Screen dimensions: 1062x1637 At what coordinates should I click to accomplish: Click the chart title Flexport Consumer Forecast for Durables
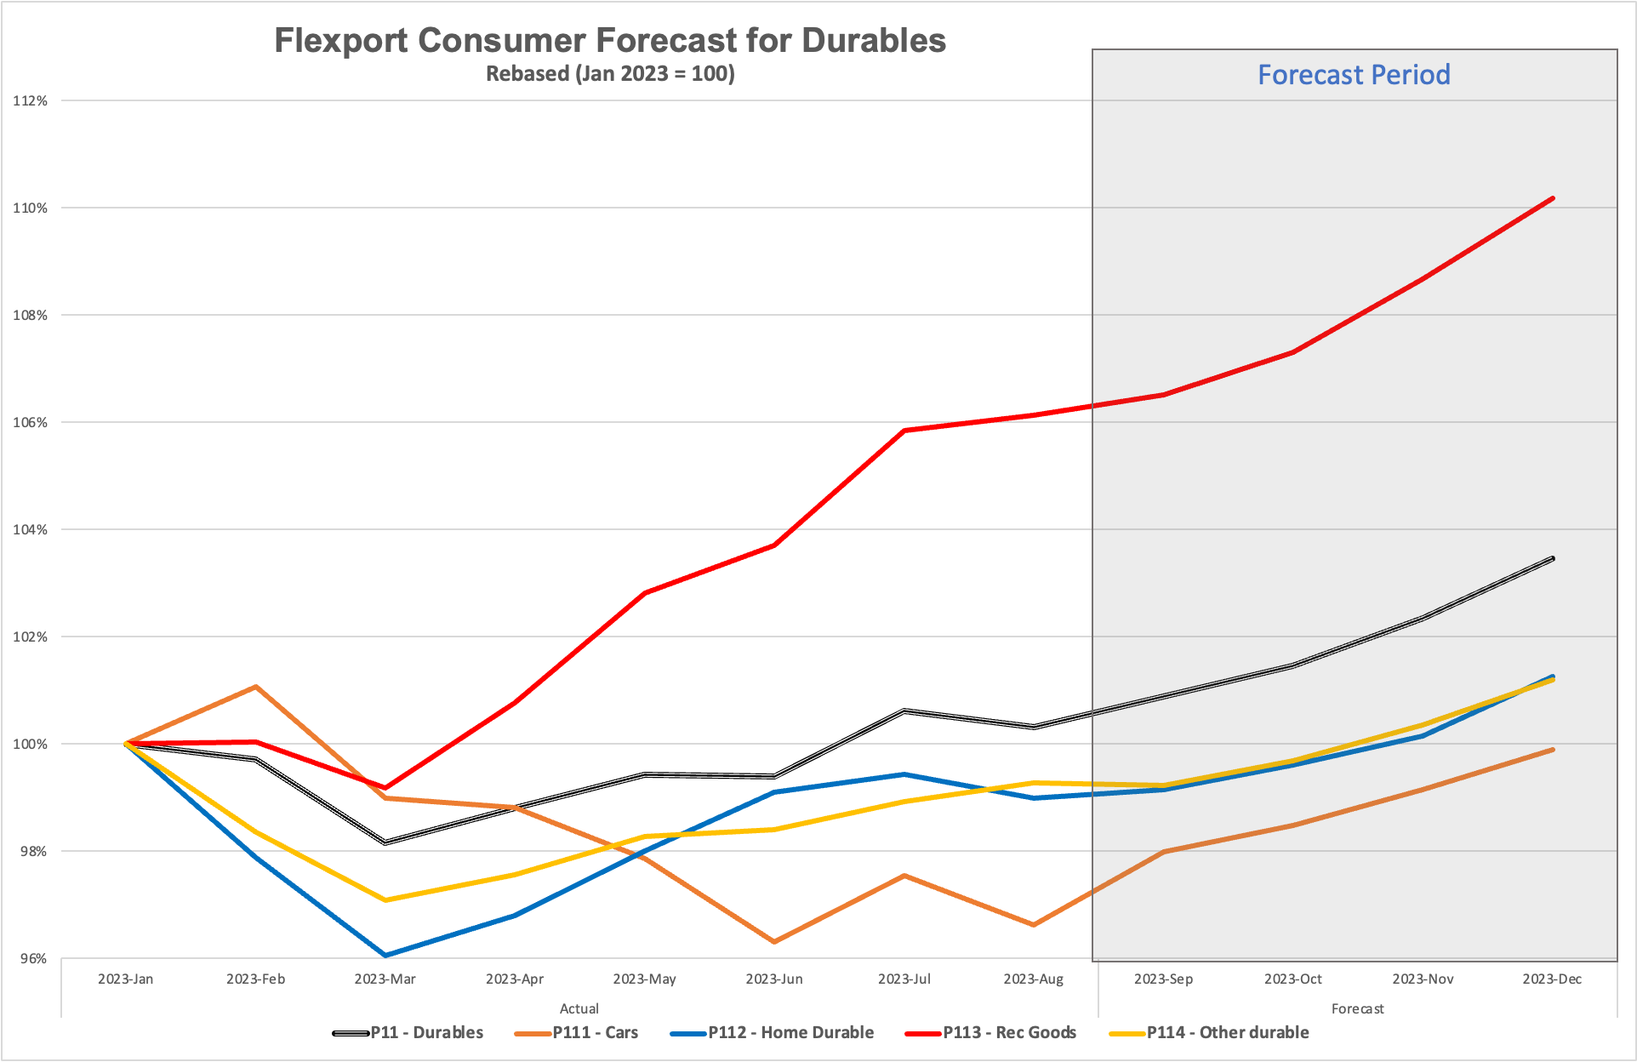click(x=609, y=41)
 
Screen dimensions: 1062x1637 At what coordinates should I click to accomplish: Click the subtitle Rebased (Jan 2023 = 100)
click(x=610, y=74)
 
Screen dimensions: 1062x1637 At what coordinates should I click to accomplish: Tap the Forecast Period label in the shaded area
click(x=1354, y=75)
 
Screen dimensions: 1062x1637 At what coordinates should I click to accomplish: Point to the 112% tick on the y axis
click(x=30, y=100)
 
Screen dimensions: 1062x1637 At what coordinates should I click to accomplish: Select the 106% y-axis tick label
click(x=30, y=422)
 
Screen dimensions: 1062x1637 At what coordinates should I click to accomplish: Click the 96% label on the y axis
click(x=33, y=959)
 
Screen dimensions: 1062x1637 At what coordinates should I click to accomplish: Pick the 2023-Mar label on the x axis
click(x=385, y=979)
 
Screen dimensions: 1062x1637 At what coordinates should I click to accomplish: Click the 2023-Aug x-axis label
click(x=1033, y=979)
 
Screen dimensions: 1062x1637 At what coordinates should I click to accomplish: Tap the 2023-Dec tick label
click(x=1552, y=979)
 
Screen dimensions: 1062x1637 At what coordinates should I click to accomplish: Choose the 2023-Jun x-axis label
click(x=773, y=979)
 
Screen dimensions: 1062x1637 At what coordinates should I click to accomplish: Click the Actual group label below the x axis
click(x=579, y=1008)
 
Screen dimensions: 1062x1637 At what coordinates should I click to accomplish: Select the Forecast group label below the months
click(x=1357, y=1008)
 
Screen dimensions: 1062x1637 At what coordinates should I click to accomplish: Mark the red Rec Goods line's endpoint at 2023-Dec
click(x=1553, y=198)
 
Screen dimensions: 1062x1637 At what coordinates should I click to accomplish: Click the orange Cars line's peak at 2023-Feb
click(x=255, y=686)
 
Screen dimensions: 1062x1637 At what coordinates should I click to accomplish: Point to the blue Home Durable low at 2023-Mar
click(x=385, y=955)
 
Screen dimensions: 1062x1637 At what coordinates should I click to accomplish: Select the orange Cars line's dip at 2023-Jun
click(x=774, y=942)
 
